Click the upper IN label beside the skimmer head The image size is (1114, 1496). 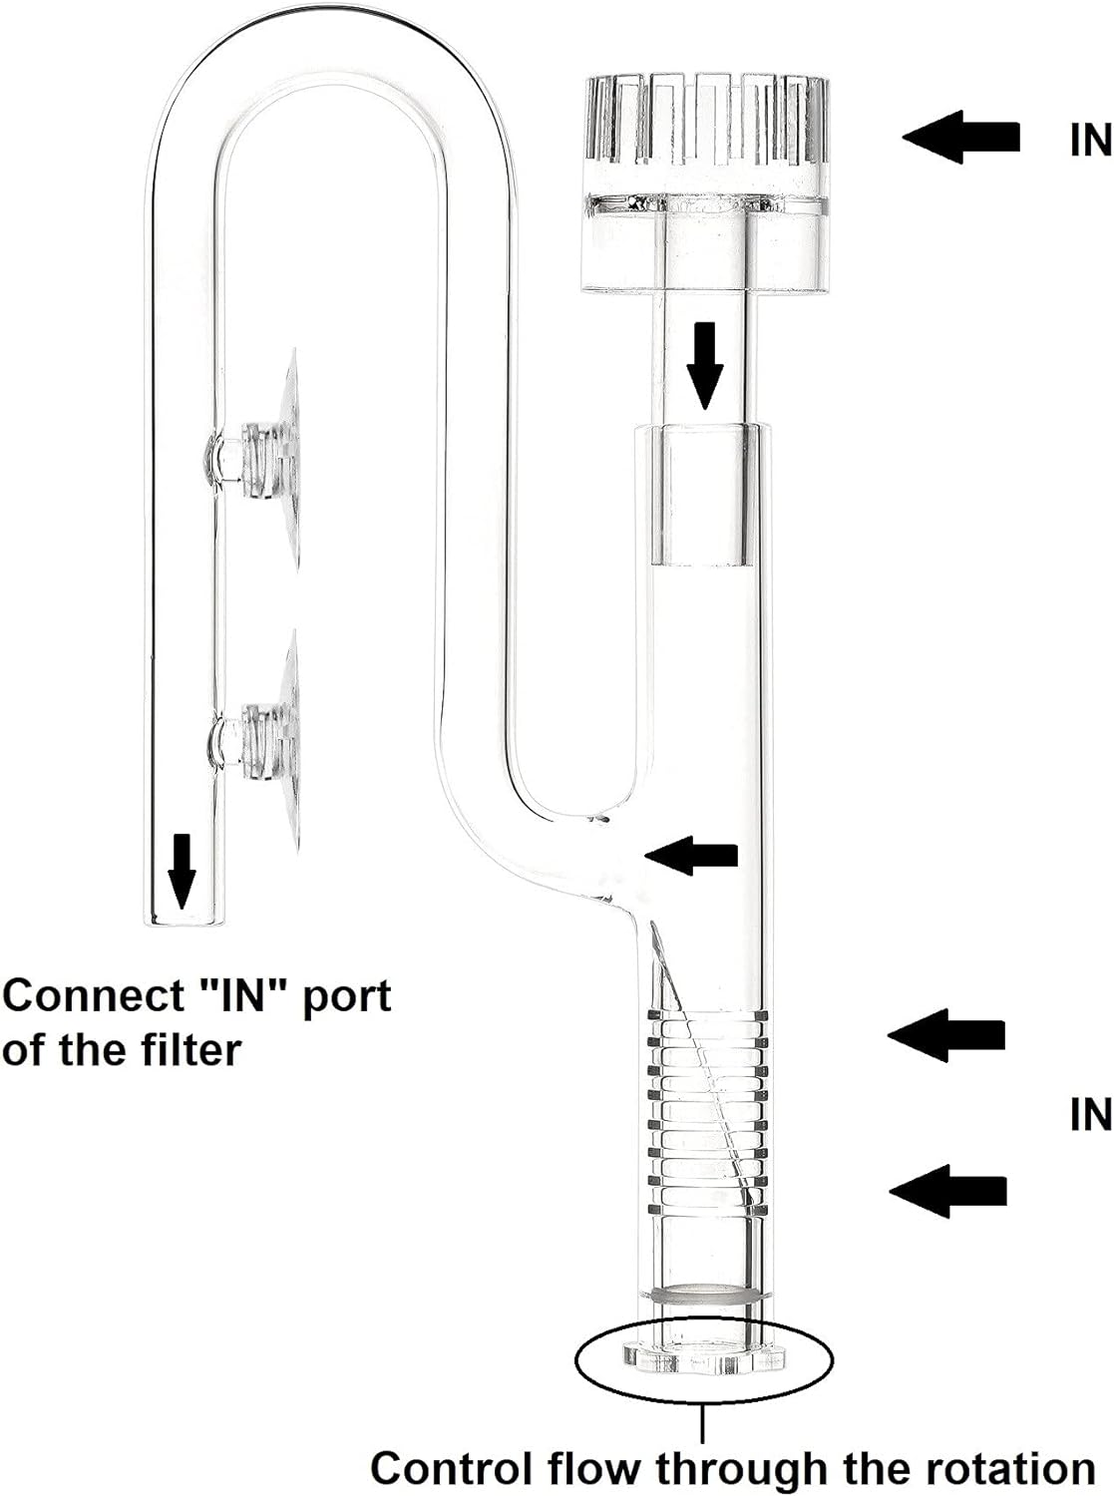[1090, 140]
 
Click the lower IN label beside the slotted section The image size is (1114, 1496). [1090, 1114]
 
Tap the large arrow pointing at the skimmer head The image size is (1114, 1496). [961, 138]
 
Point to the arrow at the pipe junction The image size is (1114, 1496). [692, 855]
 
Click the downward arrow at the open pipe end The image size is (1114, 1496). [182, 872]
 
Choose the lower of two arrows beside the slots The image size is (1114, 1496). [948, 1190]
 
